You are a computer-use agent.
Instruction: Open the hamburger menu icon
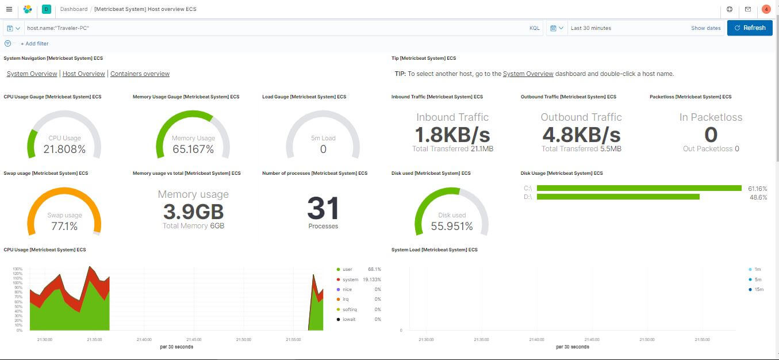pos(9,9)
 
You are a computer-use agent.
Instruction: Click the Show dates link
pos(705,28)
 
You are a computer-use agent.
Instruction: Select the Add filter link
pos(34,44)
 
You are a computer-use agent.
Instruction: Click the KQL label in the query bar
pos(534,28)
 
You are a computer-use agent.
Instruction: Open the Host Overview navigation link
pos(84,74)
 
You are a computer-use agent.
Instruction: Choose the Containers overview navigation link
pos(140,74)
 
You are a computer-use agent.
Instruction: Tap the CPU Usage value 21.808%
pos(64,150)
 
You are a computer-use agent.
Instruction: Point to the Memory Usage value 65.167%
pos(193,150)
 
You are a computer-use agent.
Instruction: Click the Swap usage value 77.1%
pos(64,227)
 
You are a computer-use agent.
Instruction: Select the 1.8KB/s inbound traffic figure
pos(452,135)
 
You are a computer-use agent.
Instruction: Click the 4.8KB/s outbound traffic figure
pos(581,135)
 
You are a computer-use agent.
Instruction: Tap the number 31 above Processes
pos(323,209)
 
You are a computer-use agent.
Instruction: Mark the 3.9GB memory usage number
pos(193,212)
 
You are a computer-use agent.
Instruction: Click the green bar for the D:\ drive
pos(618,197)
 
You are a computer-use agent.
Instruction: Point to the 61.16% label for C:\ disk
pos(757,189)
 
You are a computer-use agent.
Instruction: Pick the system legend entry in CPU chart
pos(350,279)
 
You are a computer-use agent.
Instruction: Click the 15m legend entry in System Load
pos(759,289)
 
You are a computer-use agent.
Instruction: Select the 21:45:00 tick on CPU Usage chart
pos(194,340)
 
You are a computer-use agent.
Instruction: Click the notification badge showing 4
pos(766,9)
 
